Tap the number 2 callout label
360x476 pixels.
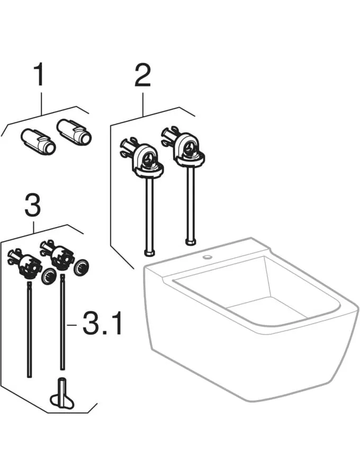[142, 77]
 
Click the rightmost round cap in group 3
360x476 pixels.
[82, 268]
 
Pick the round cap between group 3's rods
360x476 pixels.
[49, 276]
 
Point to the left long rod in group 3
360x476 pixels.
[29, 328]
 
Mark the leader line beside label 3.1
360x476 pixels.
[74, 324]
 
